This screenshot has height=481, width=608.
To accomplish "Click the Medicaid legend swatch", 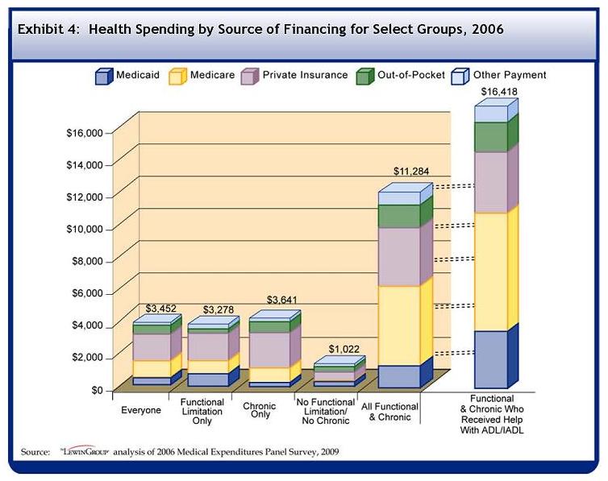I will point(102,77).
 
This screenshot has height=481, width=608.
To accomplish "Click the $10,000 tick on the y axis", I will point(84,229).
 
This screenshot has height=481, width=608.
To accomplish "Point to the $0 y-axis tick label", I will point(97,390).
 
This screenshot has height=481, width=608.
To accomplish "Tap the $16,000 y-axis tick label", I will point(84,132).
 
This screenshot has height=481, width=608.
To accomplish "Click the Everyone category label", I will point(141,410).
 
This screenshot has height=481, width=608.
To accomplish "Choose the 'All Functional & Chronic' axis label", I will point(392,411).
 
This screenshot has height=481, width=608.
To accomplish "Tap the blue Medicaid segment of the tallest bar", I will point(490,359).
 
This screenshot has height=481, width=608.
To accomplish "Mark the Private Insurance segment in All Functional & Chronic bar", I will point(399,256).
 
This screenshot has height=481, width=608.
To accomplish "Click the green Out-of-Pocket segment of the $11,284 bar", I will point(399,216).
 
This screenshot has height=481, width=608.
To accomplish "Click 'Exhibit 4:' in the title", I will point(49,30).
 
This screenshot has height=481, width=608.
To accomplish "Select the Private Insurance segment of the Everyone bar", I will point(151,347).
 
